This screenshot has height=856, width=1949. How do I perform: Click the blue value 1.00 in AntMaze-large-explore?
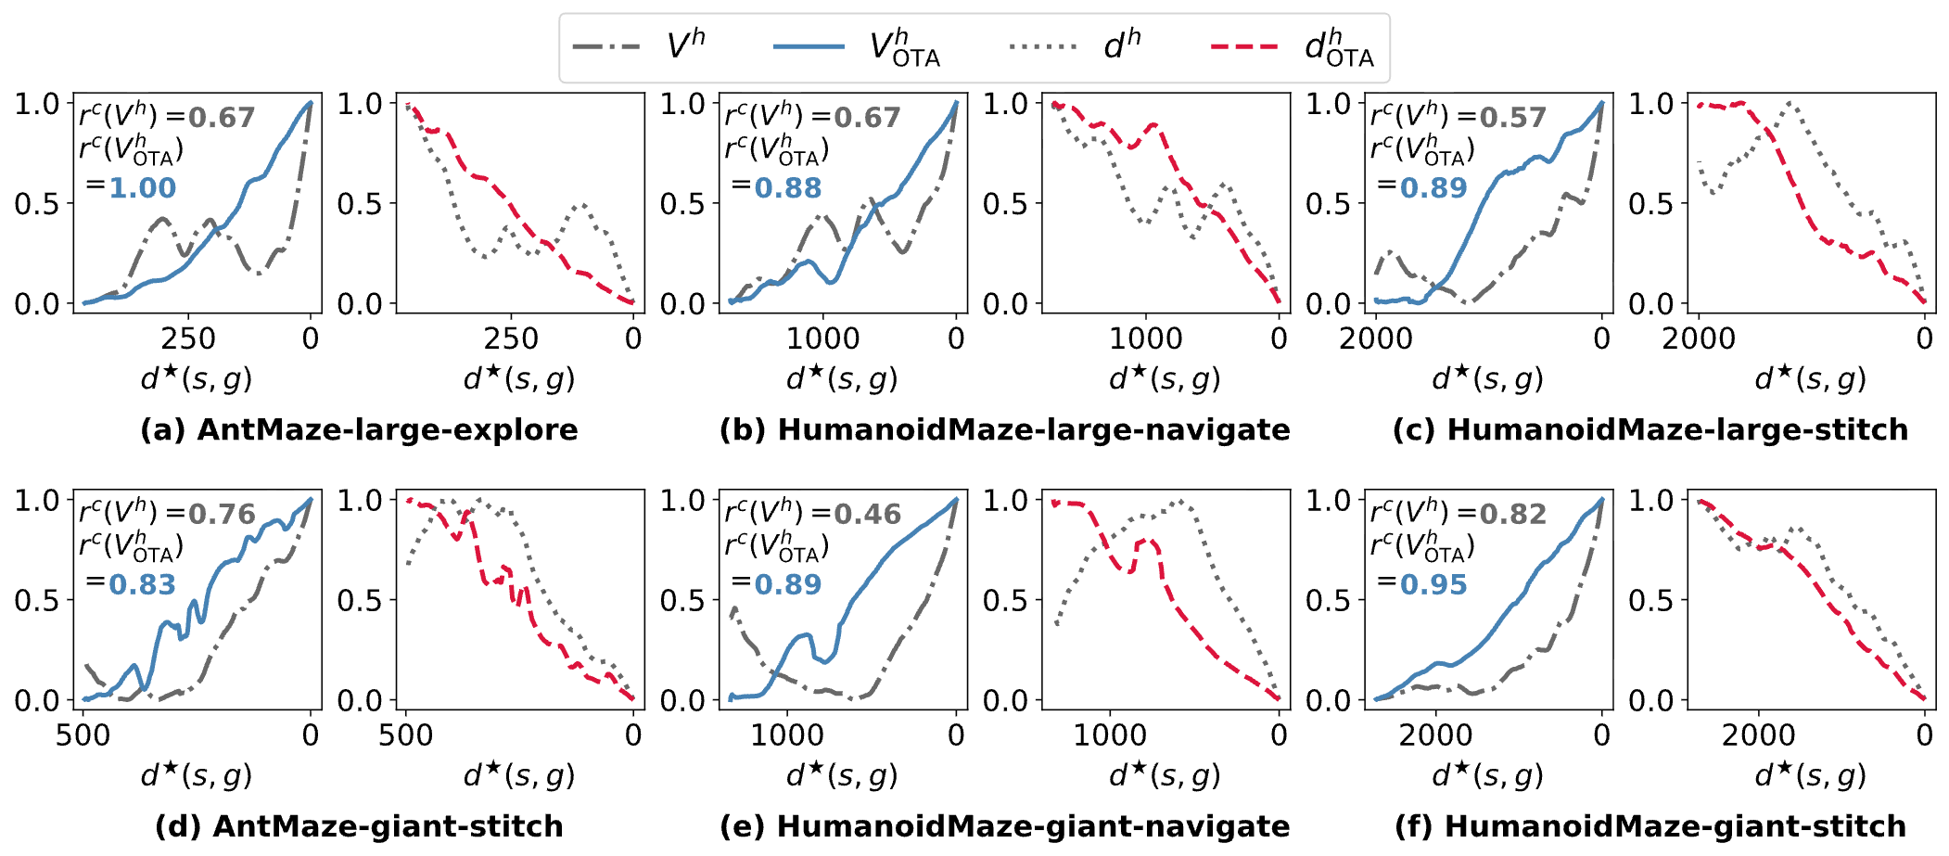(142, 188)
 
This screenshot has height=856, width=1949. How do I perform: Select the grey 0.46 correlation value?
(867, 515)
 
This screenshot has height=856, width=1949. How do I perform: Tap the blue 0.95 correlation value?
(1433, 585)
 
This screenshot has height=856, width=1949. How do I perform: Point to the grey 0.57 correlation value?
(1512, 118)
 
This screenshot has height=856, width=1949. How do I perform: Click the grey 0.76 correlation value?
(222, 515)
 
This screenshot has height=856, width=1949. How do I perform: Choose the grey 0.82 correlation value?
(1512, 515)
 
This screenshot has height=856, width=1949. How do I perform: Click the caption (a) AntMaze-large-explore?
(359, 430)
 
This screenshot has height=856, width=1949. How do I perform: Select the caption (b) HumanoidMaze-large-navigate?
(1004, 430)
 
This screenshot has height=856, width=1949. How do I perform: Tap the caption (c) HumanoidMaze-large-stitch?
(1650, 430)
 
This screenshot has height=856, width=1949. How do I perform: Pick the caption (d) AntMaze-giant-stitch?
(359, 826)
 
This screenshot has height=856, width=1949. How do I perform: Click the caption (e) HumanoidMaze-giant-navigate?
(1004, 826)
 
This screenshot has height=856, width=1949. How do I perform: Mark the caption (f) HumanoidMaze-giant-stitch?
(1650, 826)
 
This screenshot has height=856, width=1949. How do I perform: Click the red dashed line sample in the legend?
(1244, 46)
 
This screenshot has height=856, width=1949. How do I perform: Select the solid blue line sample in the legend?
(808, 46)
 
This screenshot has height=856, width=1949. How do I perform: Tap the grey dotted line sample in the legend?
(1042, 46)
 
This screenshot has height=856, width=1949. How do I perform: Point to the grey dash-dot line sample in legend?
(606, 46)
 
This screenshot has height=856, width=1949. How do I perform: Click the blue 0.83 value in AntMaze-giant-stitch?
(142, 585)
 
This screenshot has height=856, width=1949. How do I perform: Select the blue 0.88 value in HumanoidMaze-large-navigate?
(788, 188)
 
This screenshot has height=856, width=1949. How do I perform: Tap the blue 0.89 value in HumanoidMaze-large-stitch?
(1433, 188)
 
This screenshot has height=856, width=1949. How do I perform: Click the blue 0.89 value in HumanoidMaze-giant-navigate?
(788, 585)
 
